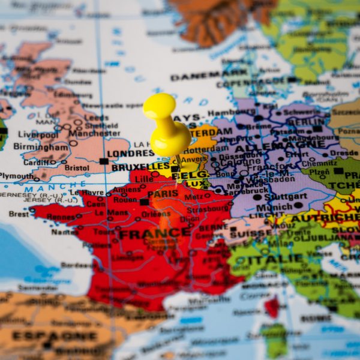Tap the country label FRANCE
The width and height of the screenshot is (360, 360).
pos(147,234)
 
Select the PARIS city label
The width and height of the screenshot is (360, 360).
pos(163,194)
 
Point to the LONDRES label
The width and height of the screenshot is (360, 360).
pos(131,154)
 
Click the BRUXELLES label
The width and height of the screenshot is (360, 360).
pos(140,167)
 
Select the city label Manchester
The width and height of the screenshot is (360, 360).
pos(95,133)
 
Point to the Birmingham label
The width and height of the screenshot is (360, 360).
pos(41,146)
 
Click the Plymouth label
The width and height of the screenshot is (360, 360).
pos(17,176)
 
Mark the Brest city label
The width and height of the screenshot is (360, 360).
pos(18,214)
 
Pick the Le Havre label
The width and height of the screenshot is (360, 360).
pos(88,192)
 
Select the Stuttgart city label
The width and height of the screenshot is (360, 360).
pos(286,196)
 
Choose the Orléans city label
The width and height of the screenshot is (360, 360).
pos(157,214)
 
